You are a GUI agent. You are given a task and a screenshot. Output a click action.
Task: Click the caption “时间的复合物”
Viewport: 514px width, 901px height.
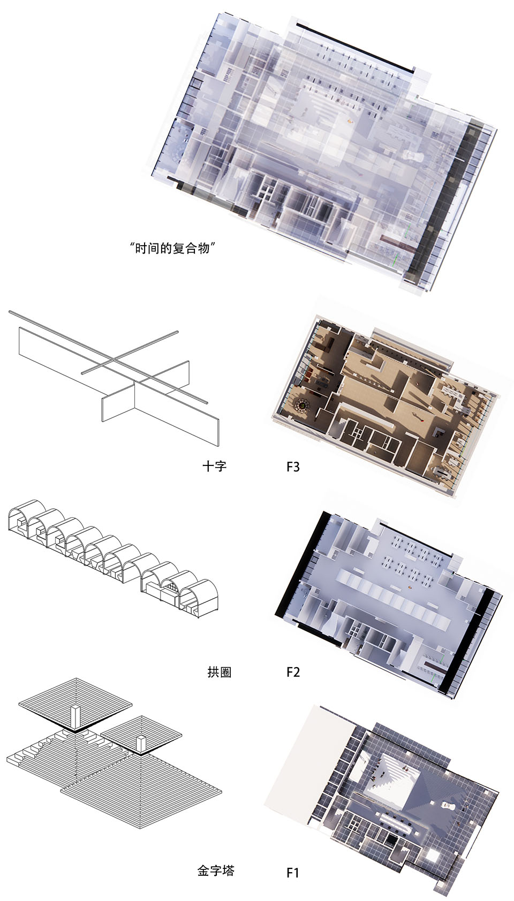pos(172,248)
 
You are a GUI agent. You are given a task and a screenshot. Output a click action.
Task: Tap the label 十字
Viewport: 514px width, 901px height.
pos(215,466)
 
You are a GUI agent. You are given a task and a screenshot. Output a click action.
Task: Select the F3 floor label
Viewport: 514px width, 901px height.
pos(293,467)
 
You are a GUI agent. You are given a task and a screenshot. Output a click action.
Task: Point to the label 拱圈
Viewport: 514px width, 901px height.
pos(220,672)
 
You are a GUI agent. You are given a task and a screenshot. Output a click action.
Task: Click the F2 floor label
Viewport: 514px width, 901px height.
pos(293,672)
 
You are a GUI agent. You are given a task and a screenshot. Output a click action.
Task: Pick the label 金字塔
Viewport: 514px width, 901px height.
pos(215,871)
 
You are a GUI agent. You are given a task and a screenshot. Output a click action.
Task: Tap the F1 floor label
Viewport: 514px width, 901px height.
pos(292,873)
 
